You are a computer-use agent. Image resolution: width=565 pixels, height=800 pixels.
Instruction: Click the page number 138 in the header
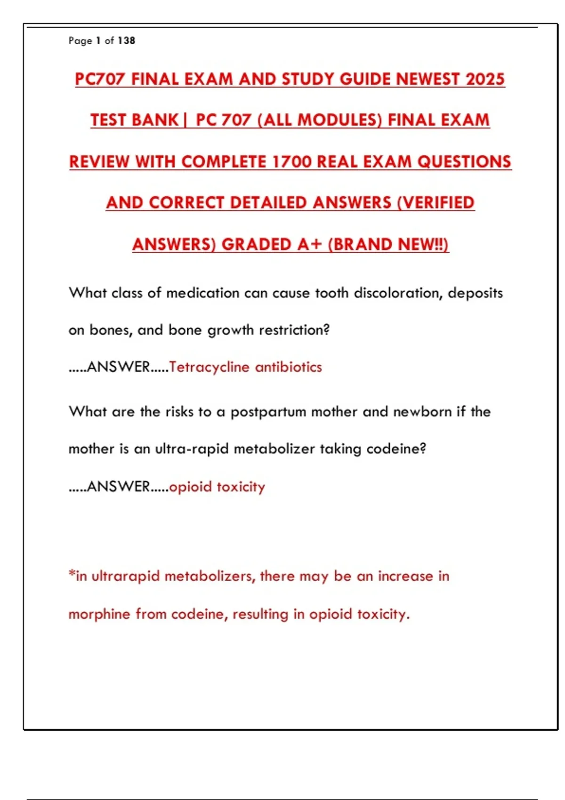point(127,41)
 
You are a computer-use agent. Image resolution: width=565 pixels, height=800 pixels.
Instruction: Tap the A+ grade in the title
point(309,244)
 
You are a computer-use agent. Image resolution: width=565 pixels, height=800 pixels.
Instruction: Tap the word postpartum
point(268,412)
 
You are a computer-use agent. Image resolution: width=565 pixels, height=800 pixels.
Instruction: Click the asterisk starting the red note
point(72,574)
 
